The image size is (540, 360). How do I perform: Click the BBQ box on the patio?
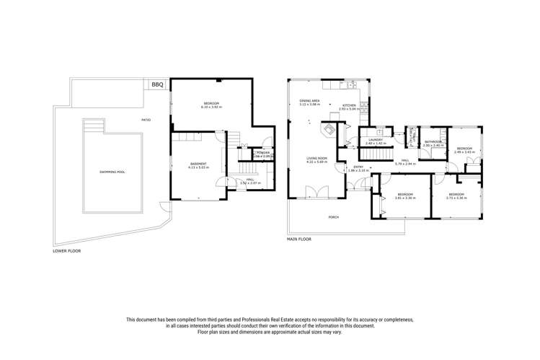pyautogui.click(x=157, y=85)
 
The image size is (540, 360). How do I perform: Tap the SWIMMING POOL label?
pyautogui.click(x=111, y=171)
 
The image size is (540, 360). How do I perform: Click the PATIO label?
pyautogui.click(x=146, y=120)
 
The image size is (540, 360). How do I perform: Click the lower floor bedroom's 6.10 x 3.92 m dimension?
pyautogui.click(x=211, y=107)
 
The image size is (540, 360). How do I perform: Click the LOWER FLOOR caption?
pyautogui.click(x=66, y=253)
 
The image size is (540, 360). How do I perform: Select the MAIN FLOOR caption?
pyautogui.click(x=299, y=238)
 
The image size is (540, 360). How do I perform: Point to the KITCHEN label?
pyautogui.click(x=349, y=105)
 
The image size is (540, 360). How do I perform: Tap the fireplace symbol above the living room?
pyautogui.click(x=327, y=131)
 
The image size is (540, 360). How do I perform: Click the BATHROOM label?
pyautogui.click(x=433, y=141)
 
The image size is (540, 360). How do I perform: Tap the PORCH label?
pyautogui.click(x=333, y=216)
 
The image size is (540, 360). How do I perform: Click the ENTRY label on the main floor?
pyautogui.click(x=358, y=167)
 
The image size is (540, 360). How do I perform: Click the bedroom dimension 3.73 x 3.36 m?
pyautogui.click(x=457, y=197)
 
